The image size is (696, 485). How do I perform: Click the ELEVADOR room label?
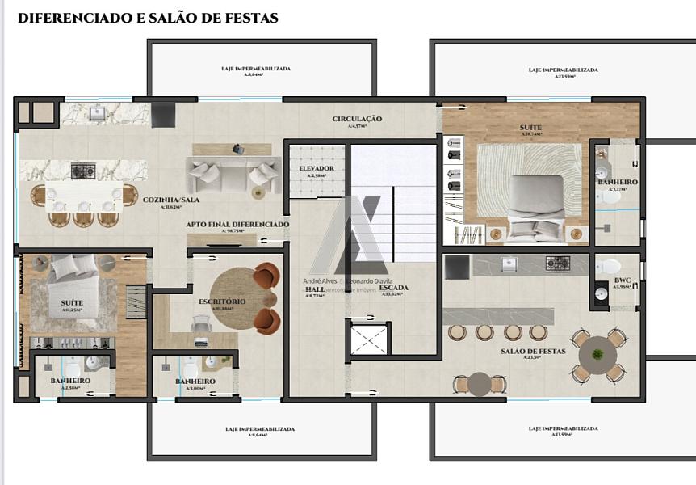tap(311, 168)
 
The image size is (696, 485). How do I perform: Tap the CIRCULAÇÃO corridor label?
tap(357, 119)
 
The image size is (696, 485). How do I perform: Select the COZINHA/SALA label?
tap(172, 200)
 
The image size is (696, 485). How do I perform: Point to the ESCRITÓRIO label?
tap(222, 302)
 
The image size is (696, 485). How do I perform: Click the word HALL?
tap(314, 289)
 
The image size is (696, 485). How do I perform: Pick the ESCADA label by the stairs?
tap(393, 288)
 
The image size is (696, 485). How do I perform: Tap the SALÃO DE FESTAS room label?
tap(533, 351)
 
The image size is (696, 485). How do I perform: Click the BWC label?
tap(622, 280)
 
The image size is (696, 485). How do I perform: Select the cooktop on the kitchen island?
tap(83, 171)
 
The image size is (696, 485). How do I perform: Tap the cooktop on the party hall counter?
tap(558, 263)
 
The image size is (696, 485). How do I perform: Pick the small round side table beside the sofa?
tap(258, 192)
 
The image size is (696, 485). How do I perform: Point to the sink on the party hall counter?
tap(509, 263)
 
